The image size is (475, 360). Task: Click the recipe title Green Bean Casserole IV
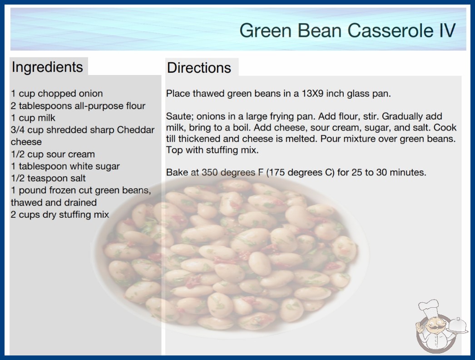click(x=347, y=30)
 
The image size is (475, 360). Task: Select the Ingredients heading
click(x=47, y=67)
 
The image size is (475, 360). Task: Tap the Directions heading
click(x=199, y=68)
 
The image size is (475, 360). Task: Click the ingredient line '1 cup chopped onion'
click(x=57, y=94)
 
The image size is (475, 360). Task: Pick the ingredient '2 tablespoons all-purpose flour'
click(x=78, y=106)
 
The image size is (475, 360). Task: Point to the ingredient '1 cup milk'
click(x=33, y=118)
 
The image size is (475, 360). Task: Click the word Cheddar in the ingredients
click(x=136, y=130)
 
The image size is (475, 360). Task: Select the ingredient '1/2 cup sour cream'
click(x=53, y=154)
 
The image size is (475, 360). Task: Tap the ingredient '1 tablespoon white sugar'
click(x=65, y=166)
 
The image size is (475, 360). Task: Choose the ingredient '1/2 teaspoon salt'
click(x=49, y=178)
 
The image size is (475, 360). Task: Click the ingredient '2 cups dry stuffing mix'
click(x=60, y=215)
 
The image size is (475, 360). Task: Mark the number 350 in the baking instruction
click(x=210, y=172)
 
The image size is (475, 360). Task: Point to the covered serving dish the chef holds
click(x=457, y=325)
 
